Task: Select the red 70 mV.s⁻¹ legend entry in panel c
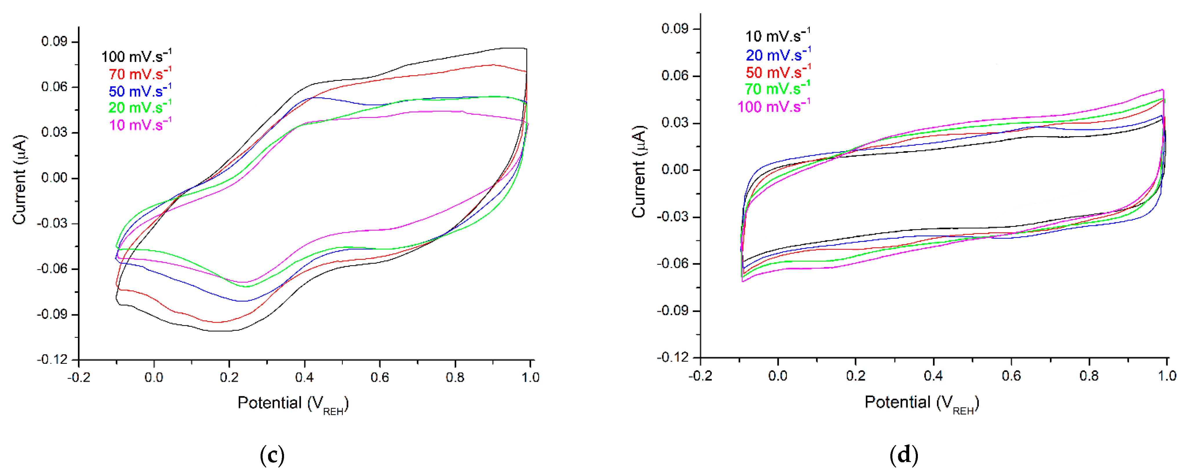tap(140, 74)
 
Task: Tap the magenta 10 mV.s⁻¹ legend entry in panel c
tap(140, 125)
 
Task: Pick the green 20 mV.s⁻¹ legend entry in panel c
tap(140, 107)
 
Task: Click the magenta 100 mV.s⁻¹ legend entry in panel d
tap(773, 107)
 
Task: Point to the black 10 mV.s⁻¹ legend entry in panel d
tap(778, 36)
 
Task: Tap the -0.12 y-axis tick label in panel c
tap(52, 359)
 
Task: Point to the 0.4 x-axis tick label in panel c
tap(304, 378)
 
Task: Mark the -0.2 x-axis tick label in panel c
tap(79, 378)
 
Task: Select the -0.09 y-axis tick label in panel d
tap(672, 311)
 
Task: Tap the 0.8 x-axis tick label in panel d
tap(1089, 376)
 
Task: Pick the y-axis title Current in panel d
tap(639, 171)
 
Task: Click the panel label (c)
tap(272, 456)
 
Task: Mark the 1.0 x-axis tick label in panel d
tap(1167, 376)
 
